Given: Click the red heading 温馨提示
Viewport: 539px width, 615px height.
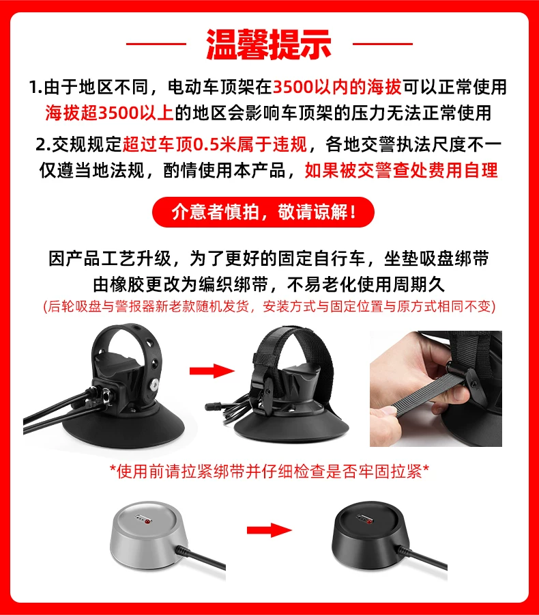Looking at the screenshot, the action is tap(269, 44).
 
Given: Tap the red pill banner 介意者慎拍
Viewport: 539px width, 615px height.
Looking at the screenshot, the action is tap(263, 213).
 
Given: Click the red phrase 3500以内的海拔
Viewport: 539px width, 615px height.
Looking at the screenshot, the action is tap(337, 87).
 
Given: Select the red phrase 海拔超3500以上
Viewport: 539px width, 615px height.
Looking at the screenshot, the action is tap(109, 113).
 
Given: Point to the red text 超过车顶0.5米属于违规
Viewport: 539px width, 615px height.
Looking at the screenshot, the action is tap(215, 144).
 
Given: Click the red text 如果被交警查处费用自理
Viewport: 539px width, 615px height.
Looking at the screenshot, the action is tap(401, 170).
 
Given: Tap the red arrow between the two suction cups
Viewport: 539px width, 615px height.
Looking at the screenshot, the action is tap(212, 371).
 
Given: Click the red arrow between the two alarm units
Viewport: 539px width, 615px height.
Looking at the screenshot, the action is tap(269, 530).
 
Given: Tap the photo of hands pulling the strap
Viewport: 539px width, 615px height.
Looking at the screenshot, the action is tap(436, 389).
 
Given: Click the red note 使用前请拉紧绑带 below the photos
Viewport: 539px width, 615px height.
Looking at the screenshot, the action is tap(269, 471).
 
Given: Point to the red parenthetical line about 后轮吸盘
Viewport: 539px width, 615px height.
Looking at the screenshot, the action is tap(269, 306).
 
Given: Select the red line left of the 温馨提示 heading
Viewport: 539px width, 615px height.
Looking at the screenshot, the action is tap(156, 44).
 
